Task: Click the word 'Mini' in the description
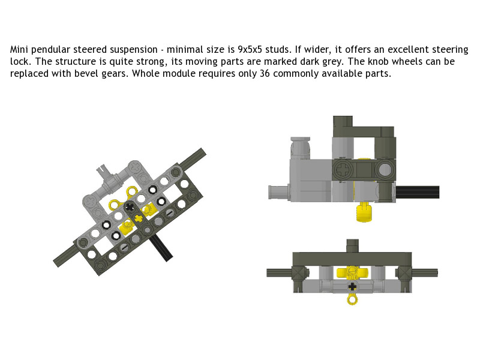coord(19,50)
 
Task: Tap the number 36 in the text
coord(265,73)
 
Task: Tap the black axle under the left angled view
coord(161,248)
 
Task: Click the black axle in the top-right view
coord(418,192)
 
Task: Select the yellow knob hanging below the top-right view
coord(364,212)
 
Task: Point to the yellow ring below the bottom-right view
coord(352,299)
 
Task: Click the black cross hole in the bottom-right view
coord(353,286)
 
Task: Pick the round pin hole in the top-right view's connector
coord(385,169)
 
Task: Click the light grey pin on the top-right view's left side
coord(278,193)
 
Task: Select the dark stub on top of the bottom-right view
coord(352,246)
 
